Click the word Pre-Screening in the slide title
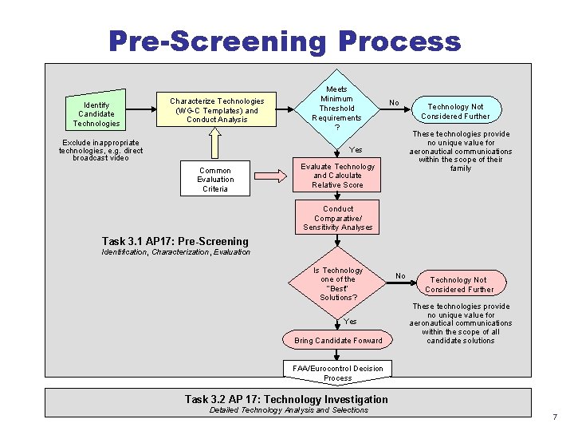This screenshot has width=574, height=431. click(x=217, y=41)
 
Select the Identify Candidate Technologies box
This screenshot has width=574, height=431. click(x=96, y=114)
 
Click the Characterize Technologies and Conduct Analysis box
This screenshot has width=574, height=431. click(x=217, y=110)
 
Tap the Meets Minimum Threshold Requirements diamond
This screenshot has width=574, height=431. click(x=336, y=109)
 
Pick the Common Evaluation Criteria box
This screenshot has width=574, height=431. click(x=214, y=180)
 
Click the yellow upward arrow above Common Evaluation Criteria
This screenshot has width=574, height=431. click(x=214, y=144)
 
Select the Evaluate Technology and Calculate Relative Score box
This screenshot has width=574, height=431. click(x=337, y=176)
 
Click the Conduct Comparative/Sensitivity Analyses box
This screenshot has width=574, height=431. click(x=337, y=218)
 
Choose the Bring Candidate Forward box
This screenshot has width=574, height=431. click(x=338, y=341)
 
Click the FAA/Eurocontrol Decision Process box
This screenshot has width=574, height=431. click(x=337, y=373)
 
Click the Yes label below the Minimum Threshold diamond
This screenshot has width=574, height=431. click(x=356, y=150)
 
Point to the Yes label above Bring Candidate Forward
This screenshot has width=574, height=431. click(x=350, y=322)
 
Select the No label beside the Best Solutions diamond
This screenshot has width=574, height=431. click(x=400, y=276)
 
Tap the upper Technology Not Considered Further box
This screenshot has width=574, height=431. click(x=455, y=111)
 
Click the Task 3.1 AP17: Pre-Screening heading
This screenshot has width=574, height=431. click(x=175, y=241)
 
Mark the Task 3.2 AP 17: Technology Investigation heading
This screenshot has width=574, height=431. click(x=286, y=399)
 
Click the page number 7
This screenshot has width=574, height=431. click(x=555, y=417)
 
